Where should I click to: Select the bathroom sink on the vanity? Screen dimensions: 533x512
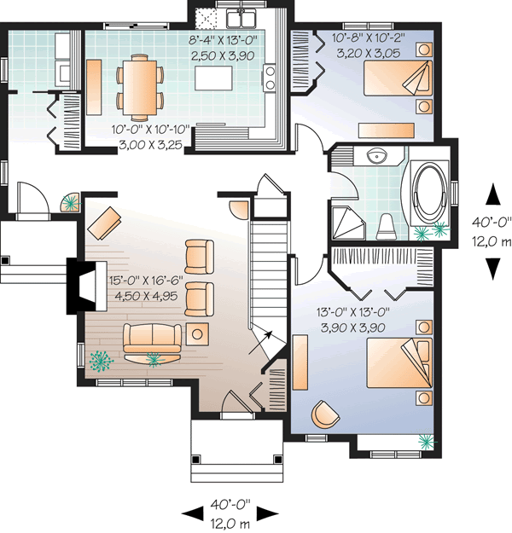click(374, 157)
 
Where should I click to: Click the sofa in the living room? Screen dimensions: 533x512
click(153, 339)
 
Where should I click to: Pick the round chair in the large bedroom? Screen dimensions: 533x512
click(324, 414)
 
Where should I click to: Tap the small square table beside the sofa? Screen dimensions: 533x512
click(200, 333)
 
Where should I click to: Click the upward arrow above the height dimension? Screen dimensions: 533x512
click(492, 196)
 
